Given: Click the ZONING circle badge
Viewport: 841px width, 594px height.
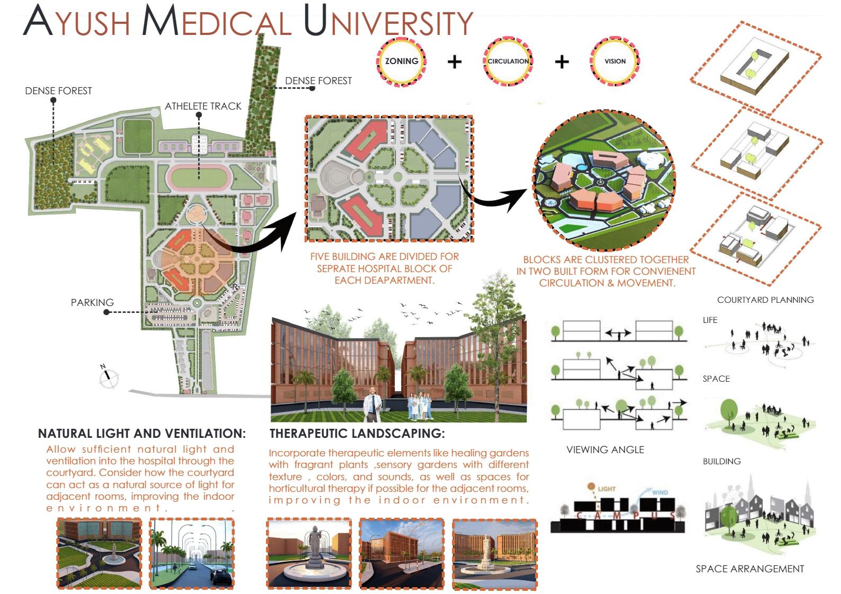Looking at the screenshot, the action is [402, 61].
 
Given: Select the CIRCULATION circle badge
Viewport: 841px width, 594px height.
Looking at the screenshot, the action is [508, 61].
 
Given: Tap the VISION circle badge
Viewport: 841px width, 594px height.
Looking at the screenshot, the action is [615, 61].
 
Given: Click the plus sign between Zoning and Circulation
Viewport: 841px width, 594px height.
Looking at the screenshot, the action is [455, 62].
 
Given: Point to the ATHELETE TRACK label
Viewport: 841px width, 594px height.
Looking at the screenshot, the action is [203, 106].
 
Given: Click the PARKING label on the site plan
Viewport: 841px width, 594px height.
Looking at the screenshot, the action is [92, 303].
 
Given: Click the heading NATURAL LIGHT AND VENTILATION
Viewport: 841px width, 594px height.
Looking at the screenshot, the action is [142, 434].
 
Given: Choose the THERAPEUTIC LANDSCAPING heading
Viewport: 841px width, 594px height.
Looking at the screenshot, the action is [357, 434].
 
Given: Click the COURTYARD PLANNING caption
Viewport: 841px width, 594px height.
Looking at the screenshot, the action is [765, 300].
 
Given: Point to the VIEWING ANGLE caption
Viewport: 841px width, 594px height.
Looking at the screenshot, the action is [605, 450].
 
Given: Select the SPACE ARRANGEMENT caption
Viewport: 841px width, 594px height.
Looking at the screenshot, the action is [750, 569].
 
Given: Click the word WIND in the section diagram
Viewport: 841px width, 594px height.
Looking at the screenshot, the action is [660, 492].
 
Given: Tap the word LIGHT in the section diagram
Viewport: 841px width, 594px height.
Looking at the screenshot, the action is [607, 489].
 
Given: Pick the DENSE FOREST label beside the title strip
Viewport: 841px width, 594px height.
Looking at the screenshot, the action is [318, 81].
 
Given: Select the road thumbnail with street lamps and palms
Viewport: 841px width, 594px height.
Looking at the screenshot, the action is [192, 554].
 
